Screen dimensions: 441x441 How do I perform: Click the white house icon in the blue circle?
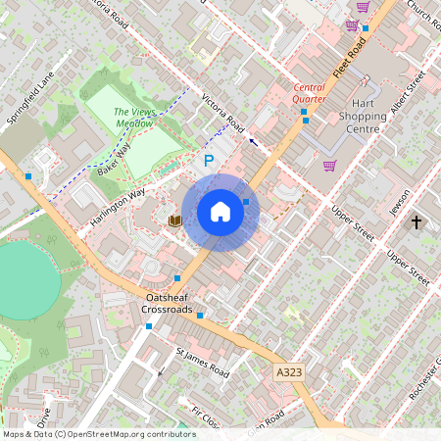click(220, 212)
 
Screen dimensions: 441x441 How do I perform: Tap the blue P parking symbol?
click(208, 160)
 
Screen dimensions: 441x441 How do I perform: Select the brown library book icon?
click(174, 220)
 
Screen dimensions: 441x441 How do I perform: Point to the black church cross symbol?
click(416, 222)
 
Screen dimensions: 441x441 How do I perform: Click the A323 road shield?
click(288, 372)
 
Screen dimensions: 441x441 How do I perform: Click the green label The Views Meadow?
click(134, 118)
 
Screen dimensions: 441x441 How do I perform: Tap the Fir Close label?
click(206, 416)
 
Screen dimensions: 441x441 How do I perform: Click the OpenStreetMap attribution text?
click(98, 433)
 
